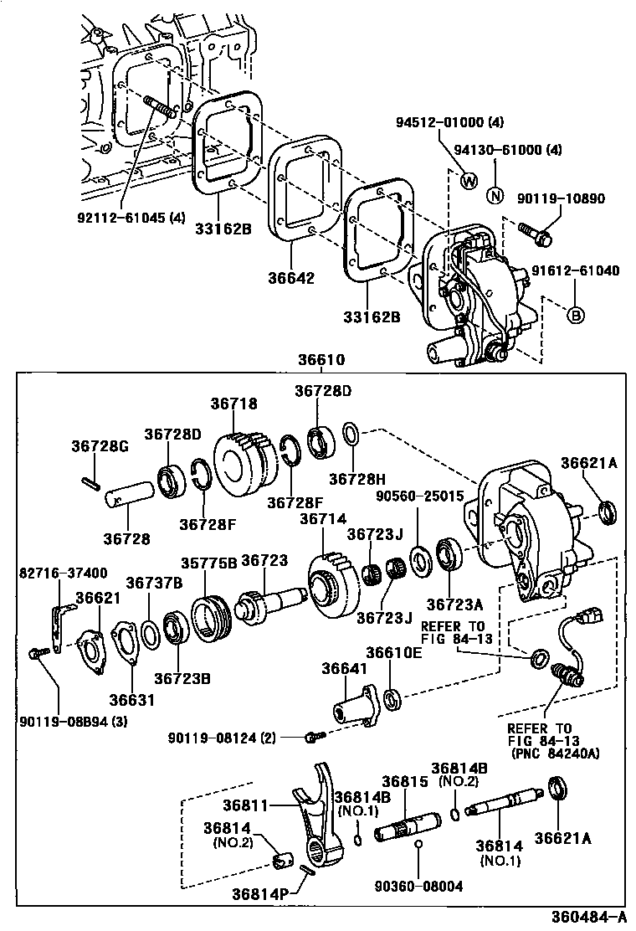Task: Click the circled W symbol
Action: pos(468,179)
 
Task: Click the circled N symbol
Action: pos(495,197)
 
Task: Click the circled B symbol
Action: pos(577,315)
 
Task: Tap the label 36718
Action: pos(234,404)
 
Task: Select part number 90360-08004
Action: pos(418,885)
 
